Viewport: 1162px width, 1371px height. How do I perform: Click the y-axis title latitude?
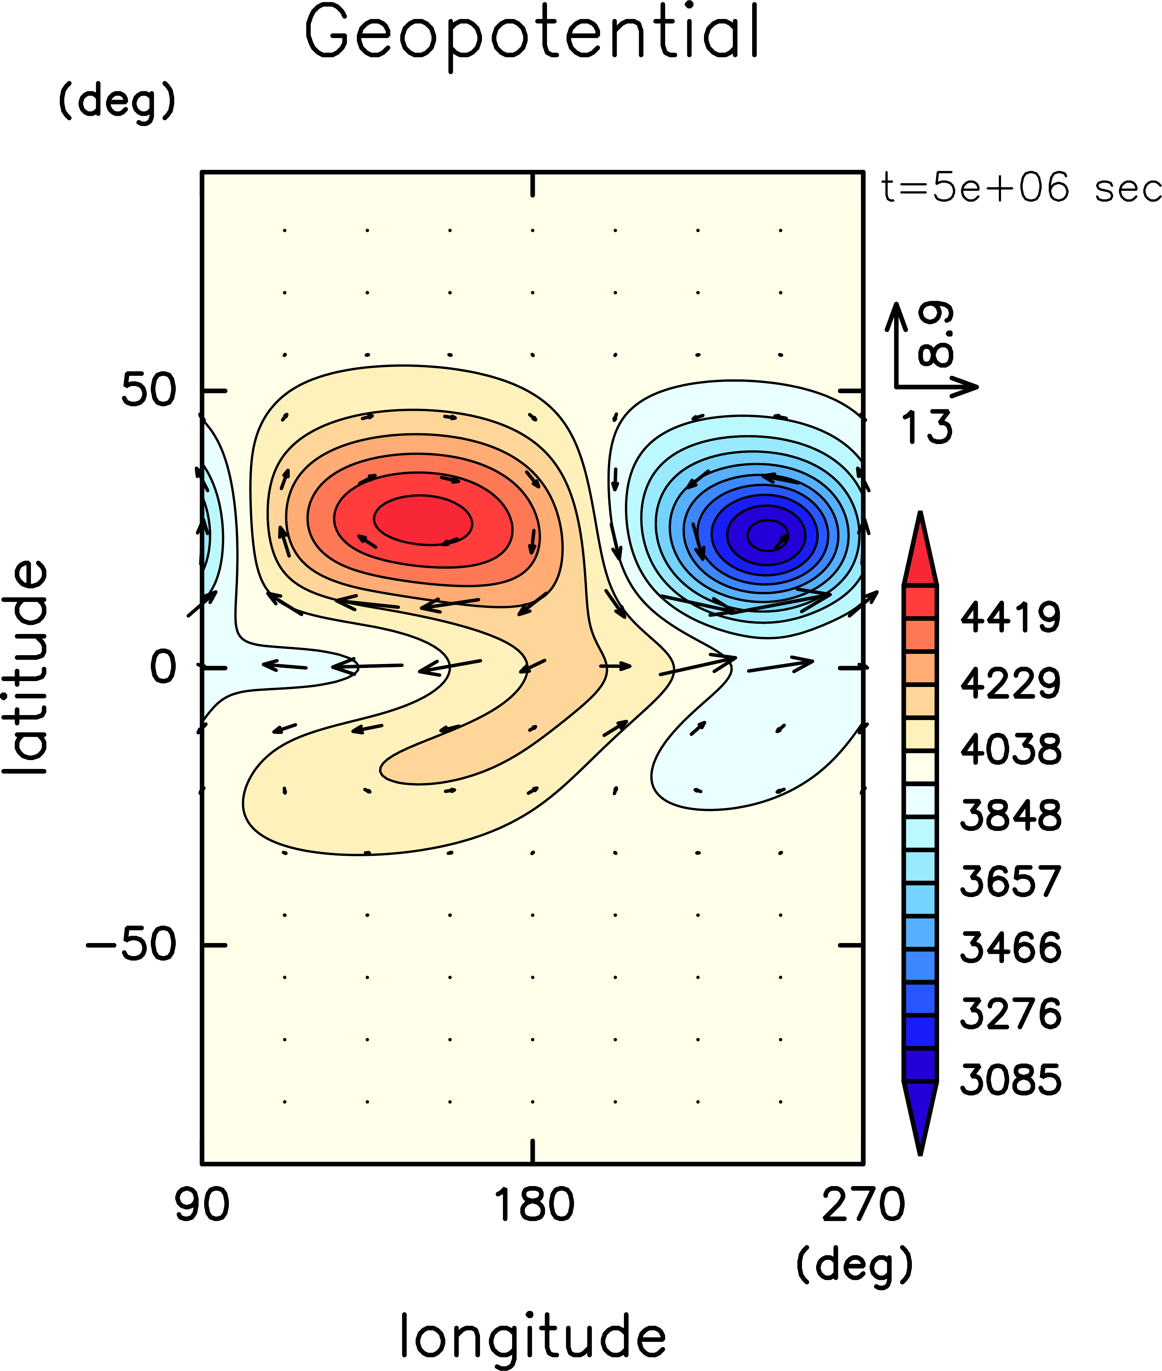pos(25,667)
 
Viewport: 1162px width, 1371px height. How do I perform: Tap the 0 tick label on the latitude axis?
pos(163,667)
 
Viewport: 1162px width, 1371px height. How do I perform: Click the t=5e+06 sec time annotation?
pos(1021,188)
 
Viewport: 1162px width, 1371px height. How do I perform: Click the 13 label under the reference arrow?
pos(926,427)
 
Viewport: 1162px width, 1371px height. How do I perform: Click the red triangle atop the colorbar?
pos(920,554)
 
